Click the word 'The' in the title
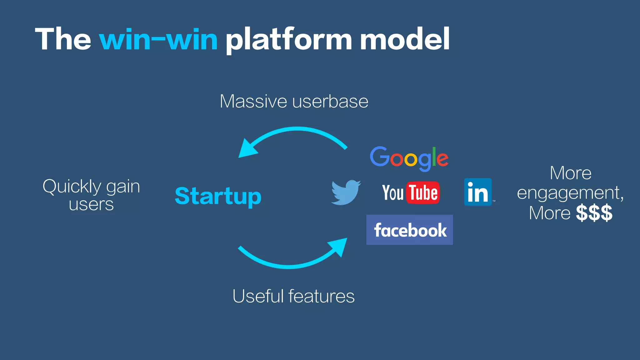(63, 39)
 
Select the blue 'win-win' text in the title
(158, 40)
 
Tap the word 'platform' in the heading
(289, 40)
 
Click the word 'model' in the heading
(405, 39)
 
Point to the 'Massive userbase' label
(294, 102)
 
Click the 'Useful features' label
(293, 296)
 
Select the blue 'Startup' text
(218, 196)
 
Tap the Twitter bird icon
(346, 192)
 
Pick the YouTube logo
(410, 192)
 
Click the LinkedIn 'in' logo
(478, 192)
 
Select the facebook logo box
(409, 230)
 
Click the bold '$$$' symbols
(594, 213)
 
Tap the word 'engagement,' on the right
(570, 193)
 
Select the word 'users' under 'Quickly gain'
(91, 205)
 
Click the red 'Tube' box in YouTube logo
(423, 192)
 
